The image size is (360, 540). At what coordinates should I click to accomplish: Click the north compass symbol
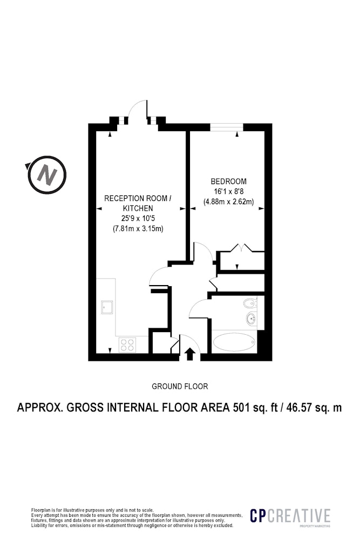click(46, 174)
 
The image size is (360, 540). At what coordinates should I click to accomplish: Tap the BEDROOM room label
click(228, 181)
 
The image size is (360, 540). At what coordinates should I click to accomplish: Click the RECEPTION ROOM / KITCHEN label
click(138, 203)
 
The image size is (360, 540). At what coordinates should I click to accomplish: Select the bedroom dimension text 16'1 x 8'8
click(228, 192)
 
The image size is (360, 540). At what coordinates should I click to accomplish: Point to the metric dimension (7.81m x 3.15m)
click(138, 228)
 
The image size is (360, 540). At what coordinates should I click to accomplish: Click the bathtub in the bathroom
click(234, 342)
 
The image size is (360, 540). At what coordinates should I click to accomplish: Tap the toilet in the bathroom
click(250, 303)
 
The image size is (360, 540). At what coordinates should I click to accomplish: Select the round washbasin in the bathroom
click(252, 319)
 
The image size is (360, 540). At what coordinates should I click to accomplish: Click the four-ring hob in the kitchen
click(127, 345)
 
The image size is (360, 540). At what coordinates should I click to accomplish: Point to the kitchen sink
click(107, 307)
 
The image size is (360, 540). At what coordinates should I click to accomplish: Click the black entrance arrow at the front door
click(189, 354)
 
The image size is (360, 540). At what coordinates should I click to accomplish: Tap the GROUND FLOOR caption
click(180, 387)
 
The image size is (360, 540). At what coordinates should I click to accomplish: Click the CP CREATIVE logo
click(290, 516)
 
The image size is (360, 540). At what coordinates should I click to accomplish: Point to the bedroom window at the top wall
click(227, 127)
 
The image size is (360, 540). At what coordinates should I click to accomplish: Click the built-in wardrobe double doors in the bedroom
click(241, 248)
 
